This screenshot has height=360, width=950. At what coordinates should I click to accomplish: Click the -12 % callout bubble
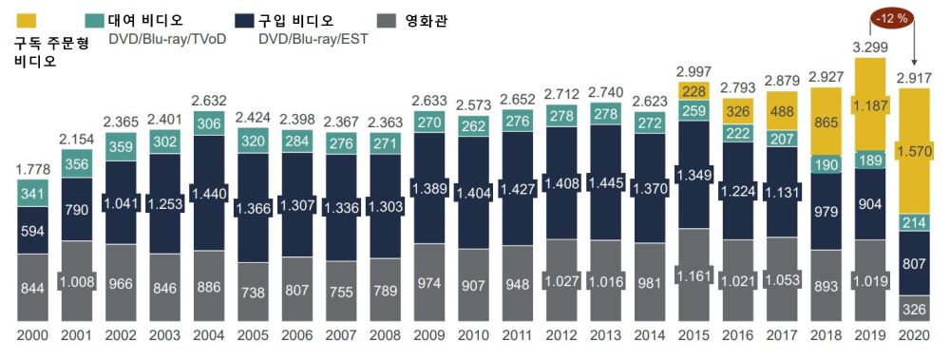(x=890, y=16)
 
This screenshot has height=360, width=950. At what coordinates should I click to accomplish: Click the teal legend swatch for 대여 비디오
(x=94, y=20)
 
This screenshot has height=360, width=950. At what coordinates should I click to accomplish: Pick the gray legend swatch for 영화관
(x=386, y=20)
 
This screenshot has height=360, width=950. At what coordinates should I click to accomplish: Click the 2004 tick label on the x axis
(x=209, y=337)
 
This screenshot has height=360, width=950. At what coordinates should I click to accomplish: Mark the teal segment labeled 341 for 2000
(x=31, y=194)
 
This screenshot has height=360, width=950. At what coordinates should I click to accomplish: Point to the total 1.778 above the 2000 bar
(x=31, y=168)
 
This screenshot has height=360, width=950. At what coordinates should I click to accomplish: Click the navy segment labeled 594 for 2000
(x=31, y=231)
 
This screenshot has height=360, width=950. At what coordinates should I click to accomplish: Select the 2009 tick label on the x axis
(x=430, y=337)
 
